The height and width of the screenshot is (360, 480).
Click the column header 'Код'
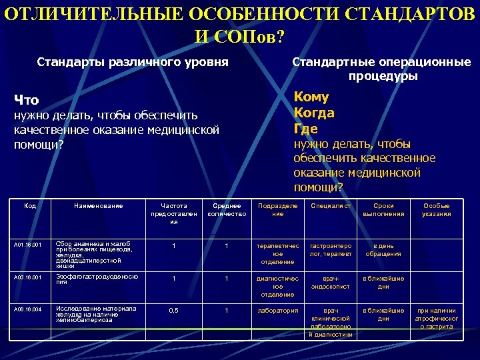click(x=29, y=206)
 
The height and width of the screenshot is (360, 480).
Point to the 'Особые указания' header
click(x=437, y=210)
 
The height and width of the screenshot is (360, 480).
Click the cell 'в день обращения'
click(x=383, y=249)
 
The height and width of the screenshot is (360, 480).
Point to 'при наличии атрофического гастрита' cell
click(x=437, y=319)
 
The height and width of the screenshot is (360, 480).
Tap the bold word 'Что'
click(x=27, y=100)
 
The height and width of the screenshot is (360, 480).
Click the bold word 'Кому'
click(x=313, y=97)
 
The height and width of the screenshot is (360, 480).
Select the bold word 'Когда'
click(x=314, y=113)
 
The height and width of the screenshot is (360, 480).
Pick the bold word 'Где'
click(x=305, y=128)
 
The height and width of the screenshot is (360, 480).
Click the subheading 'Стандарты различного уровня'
click(x=133, y=63)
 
